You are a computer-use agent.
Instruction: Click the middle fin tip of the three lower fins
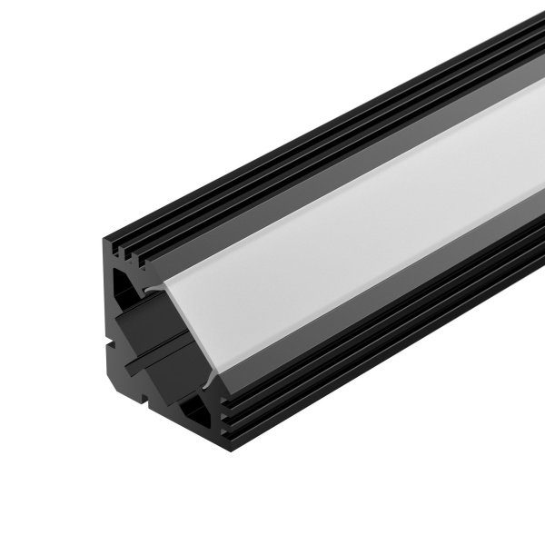coord(227,409)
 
